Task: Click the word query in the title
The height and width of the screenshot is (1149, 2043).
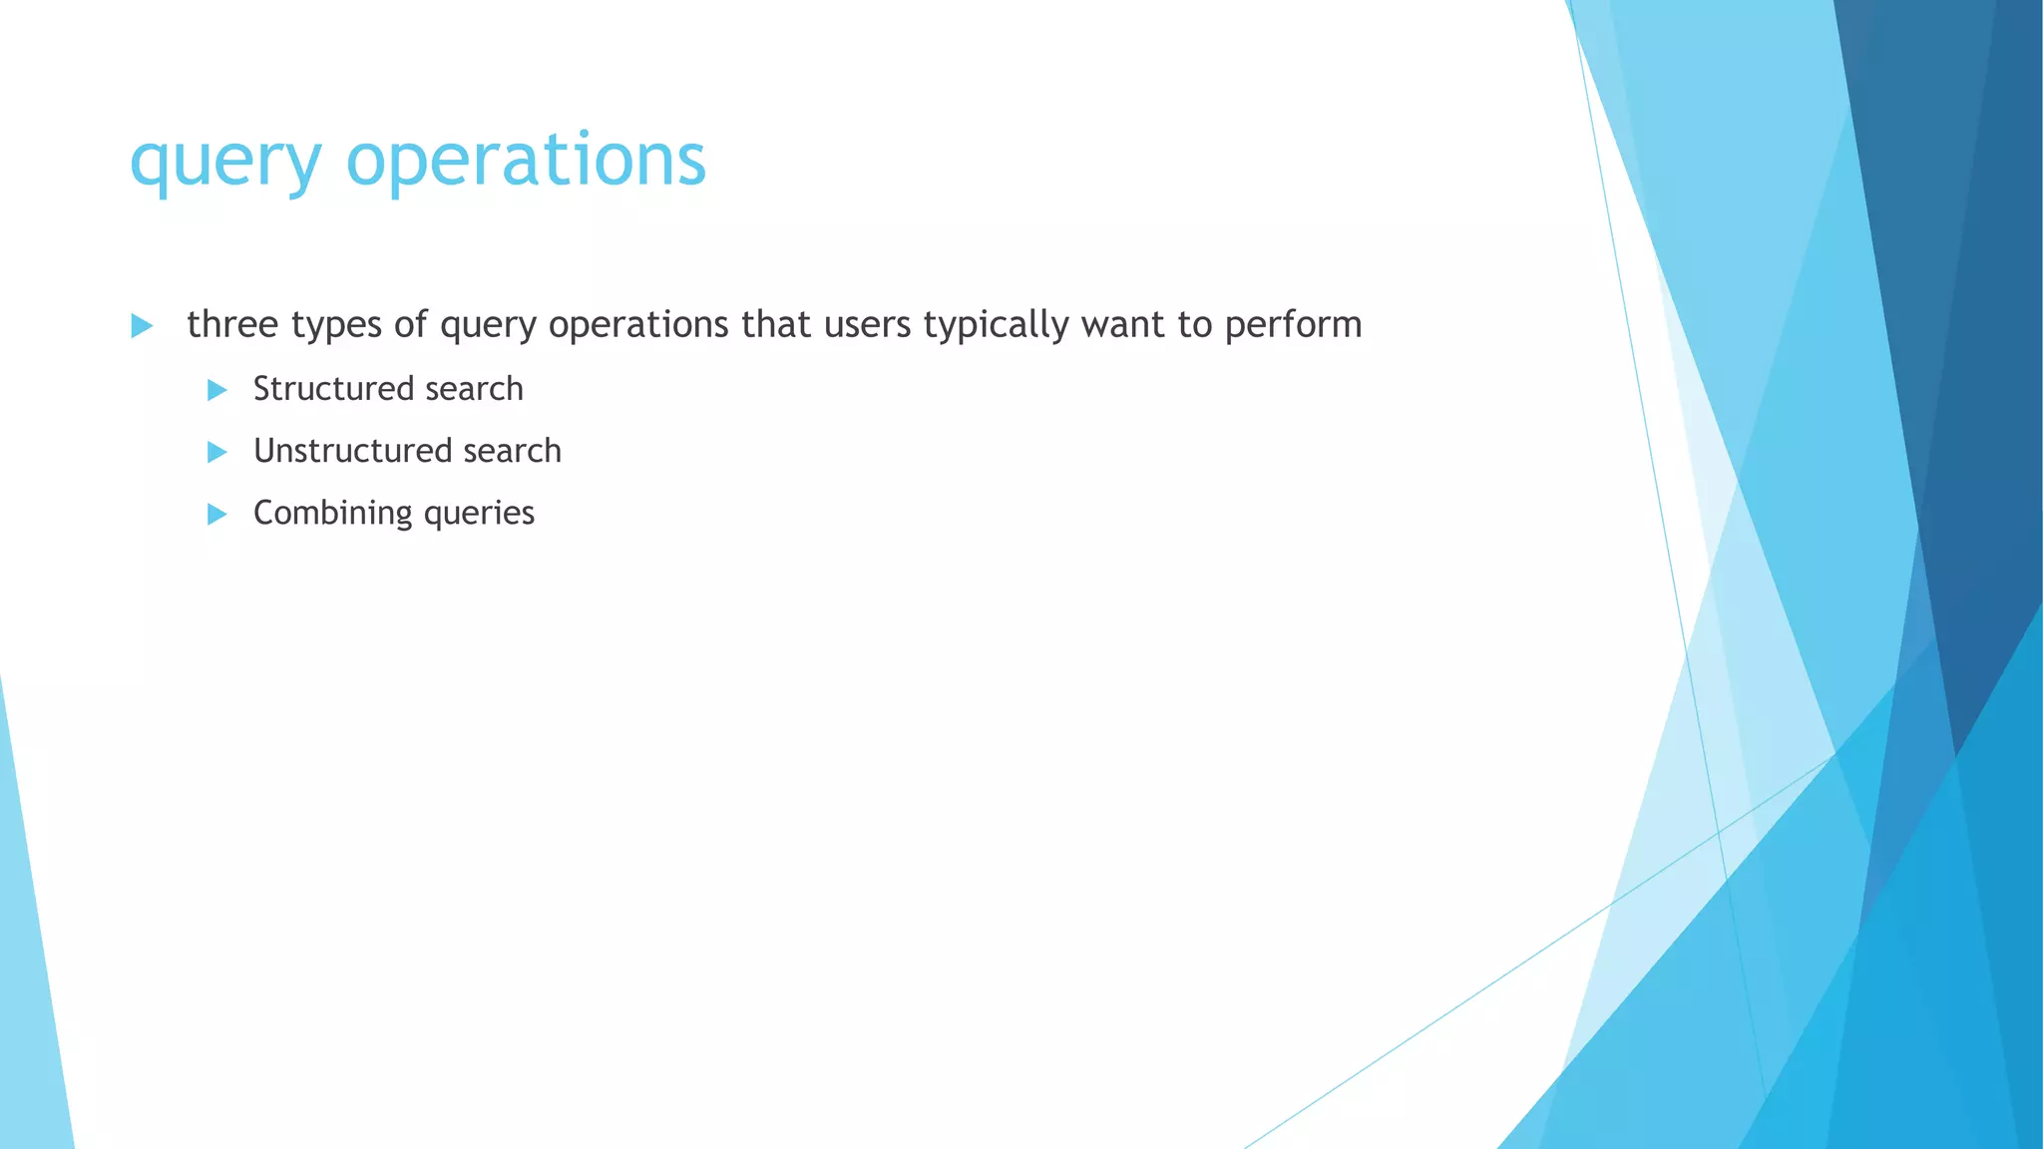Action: (225, 163)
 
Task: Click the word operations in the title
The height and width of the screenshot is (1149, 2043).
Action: (526, 161)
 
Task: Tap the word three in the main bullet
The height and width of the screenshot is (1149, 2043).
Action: (232, 324)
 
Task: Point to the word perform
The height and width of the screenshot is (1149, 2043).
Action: (1293, 325)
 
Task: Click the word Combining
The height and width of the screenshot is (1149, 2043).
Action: (332, 514)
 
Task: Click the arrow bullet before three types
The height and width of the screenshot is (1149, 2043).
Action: (142, 326)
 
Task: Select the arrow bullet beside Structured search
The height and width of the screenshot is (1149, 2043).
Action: (217, 390)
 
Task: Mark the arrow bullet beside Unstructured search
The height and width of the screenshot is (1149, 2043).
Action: (217, 453)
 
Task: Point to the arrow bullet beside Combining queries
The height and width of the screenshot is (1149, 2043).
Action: (217, 515)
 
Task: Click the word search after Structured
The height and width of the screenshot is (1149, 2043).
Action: (474, 389)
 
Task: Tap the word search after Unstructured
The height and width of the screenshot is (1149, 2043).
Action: (512, 451)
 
